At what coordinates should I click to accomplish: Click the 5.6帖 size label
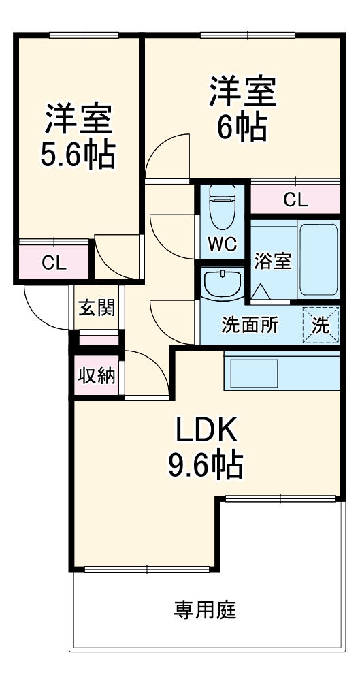(77, 155)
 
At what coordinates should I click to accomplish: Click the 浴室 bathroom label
(273, 262)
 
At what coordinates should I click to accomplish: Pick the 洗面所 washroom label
(250, 326)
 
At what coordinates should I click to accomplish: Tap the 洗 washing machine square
(321, 326)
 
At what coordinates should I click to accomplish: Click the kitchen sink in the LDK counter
(252, 373)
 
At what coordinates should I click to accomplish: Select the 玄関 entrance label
(96, 308)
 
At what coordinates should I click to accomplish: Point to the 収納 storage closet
(96, 375)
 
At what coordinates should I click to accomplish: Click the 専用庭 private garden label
(205, 609)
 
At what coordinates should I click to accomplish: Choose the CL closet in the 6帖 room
(295, 200)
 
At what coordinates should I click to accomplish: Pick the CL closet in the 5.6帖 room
(54, 263)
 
